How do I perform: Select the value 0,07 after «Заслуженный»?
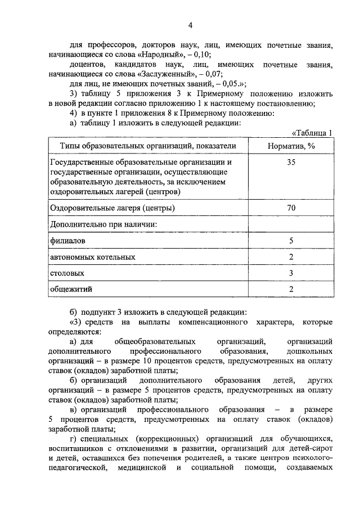[x=211, y=73]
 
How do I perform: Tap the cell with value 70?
[x=291, y=208]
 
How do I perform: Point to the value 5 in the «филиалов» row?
[x=291, y=241]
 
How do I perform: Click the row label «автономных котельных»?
[x=92, y=257]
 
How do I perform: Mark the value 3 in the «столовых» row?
[x=291, y=273]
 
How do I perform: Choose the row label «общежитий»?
[x=71, y=289]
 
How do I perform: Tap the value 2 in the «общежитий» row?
[x=291, y=289]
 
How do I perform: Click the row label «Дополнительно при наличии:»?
[x=103, y=224]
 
